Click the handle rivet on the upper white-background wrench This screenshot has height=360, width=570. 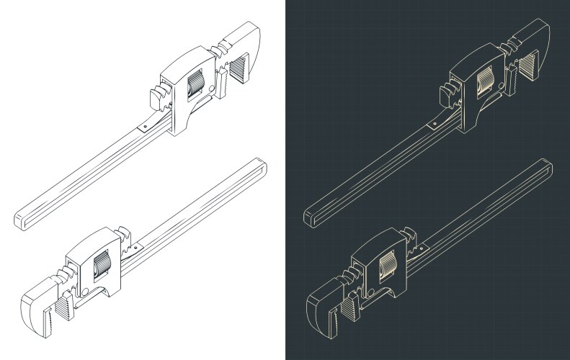point(144,127)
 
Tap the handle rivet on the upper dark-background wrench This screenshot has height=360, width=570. point(434,127)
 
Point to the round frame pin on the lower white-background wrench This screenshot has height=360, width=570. point(86,291)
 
